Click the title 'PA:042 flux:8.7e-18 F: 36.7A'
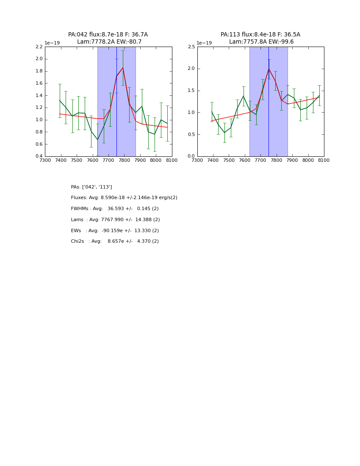(108, 35)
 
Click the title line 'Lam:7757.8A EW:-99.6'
(261, 42)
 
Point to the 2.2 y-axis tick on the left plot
(39, 47)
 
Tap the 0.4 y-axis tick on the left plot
(39, 156)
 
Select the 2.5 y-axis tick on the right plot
(191, 47)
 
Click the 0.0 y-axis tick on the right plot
(191, 156)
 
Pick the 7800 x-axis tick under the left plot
(124, 161)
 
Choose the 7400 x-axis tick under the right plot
(213, 161)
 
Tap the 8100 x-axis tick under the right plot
(324, 161)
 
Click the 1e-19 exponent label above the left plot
(52, 43)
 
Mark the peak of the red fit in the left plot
(123, 68)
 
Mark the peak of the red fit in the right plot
(269, 69)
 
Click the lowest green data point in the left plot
(97, 139)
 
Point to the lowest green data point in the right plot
(224, 133)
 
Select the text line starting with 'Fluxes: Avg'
(124, 198)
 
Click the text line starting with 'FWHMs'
(115, 209)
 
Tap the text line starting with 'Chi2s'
(115, 241)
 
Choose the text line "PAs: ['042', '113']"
(91, 187)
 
